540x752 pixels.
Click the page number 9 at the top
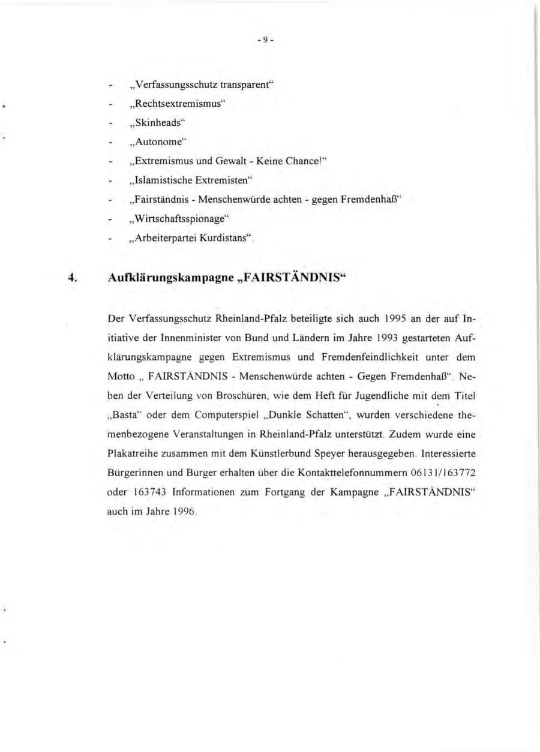pos(265,41)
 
